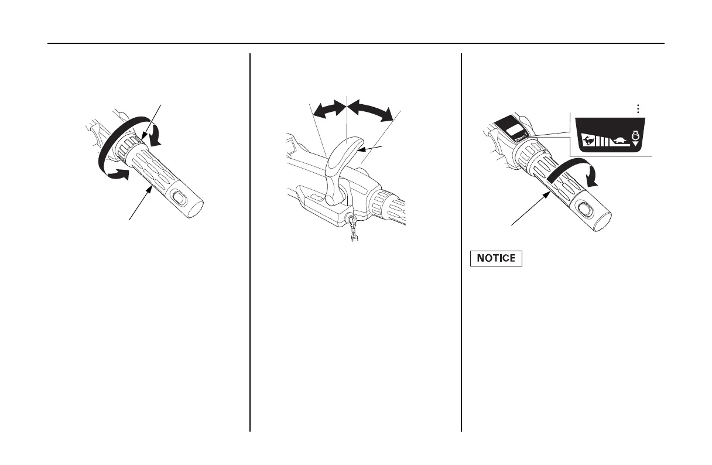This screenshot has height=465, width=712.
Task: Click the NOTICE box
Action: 496,258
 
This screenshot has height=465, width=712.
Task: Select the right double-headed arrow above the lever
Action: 371,110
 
